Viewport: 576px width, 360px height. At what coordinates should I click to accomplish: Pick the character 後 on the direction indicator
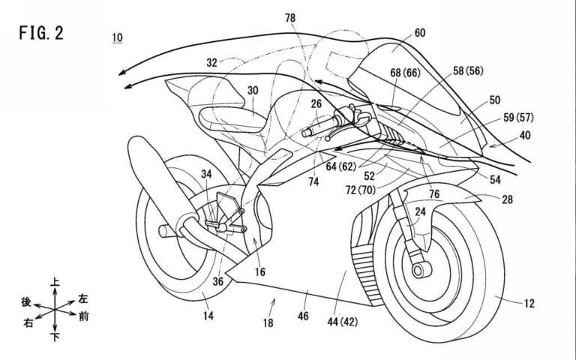[x=26, y=301]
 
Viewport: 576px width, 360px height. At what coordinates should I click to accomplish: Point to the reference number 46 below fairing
[x=303, y=316]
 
